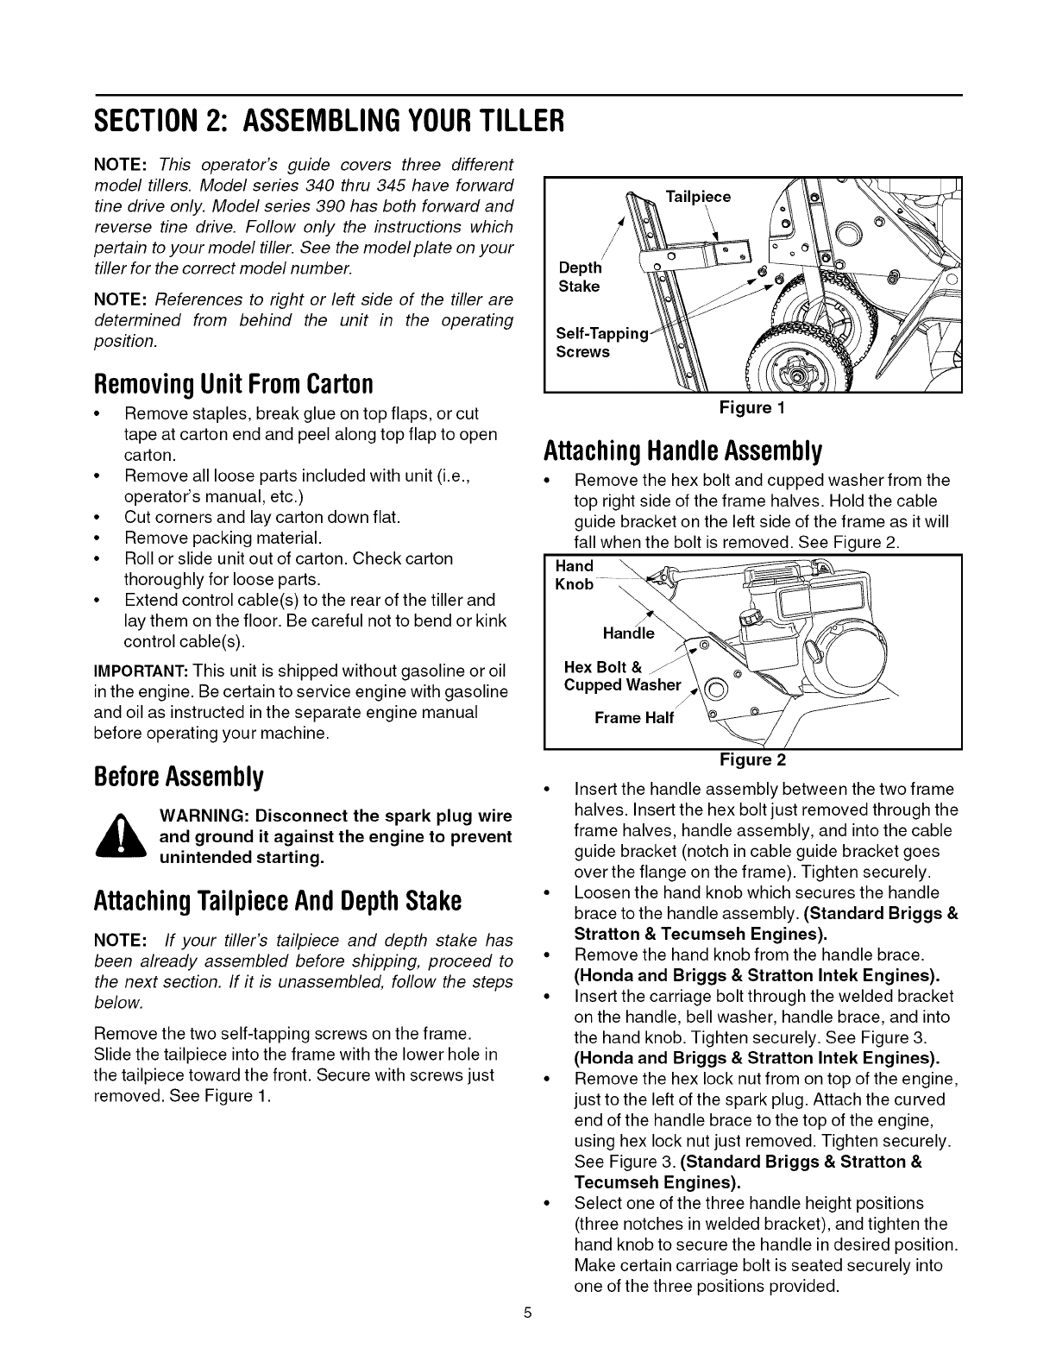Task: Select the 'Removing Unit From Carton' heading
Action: click(x=233, y=382)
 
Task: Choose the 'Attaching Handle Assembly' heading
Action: click(x=682, y=450)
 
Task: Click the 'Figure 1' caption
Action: click(x=751, y=408)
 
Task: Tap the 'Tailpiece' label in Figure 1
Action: click(x=699, y=197)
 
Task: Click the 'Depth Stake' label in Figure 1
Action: click(x=579, y=277)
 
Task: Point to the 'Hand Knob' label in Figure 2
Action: click(x=575, y=575)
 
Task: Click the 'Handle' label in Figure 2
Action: click(x=628, y=633)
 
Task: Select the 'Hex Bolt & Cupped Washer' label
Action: click(x=621, y=676)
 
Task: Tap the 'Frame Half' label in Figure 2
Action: click(x=634, y=718)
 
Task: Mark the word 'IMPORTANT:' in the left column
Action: click(x=141, y=671)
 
